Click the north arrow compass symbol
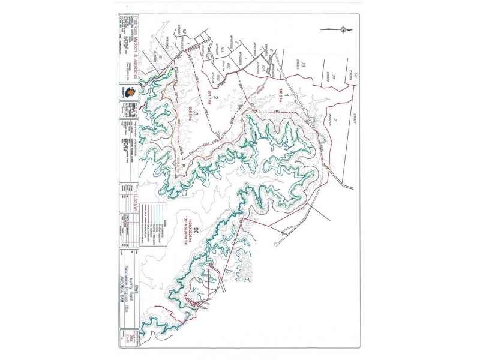tap(343, 28)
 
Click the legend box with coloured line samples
tap(157, 230)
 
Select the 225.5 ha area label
tap(191, 112)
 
